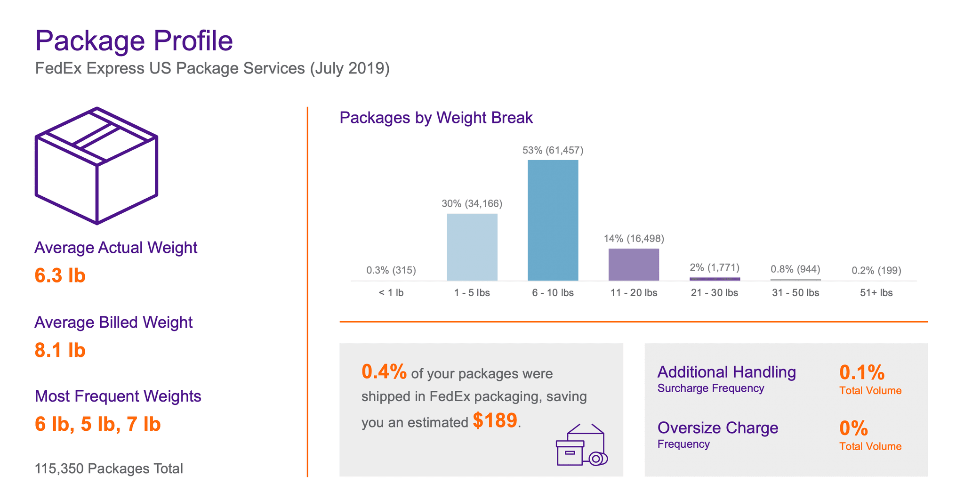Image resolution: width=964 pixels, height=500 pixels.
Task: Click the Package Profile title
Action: point(134,41)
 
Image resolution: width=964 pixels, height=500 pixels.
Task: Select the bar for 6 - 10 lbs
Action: point(553,220)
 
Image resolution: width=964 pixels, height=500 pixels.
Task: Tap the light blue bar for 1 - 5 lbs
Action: point(472,247)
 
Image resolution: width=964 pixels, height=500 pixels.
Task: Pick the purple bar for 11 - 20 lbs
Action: point(634,265)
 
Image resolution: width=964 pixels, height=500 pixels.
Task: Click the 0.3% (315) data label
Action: point(391,270)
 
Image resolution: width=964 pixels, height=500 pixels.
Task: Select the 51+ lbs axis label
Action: point(876,293)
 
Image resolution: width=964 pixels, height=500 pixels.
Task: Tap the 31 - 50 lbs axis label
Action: point(795,293)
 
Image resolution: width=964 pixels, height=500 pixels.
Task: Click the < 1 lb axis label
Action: point(391,293)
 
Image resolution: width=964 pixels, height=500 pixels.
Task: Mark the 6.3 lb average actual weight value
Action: point(60,275)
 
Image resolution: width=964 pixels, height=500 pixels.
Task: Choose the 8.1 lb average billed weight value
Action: point(60,350)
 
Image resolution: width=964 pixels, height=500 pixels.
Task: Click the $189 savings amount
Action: point(495,420)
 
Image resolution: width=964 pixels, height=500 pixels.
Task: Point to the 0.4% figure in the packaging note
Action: point(384,371)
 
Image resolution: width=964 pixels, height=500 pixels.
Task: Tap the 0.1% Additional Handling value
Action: point(862,372)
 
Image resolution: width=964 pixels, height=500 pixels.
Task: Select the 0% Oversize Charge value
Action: point(854,428)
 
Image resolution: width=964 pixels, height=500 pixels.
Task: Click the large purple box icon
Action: point(96,166)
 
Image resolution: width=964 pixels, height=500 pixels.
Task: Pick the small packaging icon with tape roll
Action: point(582,444)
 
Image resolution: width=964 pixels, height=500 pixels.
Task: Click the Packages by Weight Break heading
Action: point(436,118)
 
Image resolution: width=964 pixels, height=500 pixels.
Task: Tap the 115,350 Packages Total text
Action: point(109,469)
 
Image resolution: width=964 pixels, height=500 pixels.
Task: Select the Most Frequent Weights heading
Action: point(118,396)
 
